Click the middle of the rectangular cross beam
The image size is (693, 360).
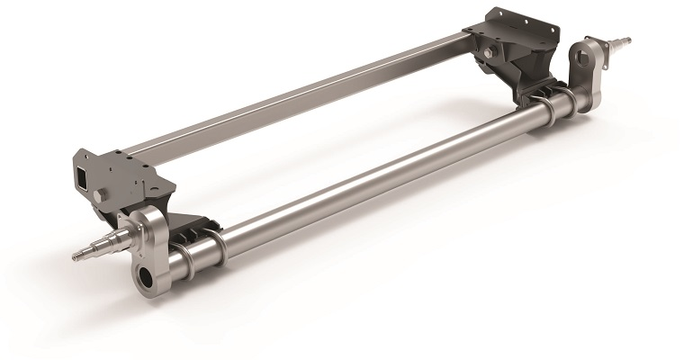pyautogui.click(x=297, y=99)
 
